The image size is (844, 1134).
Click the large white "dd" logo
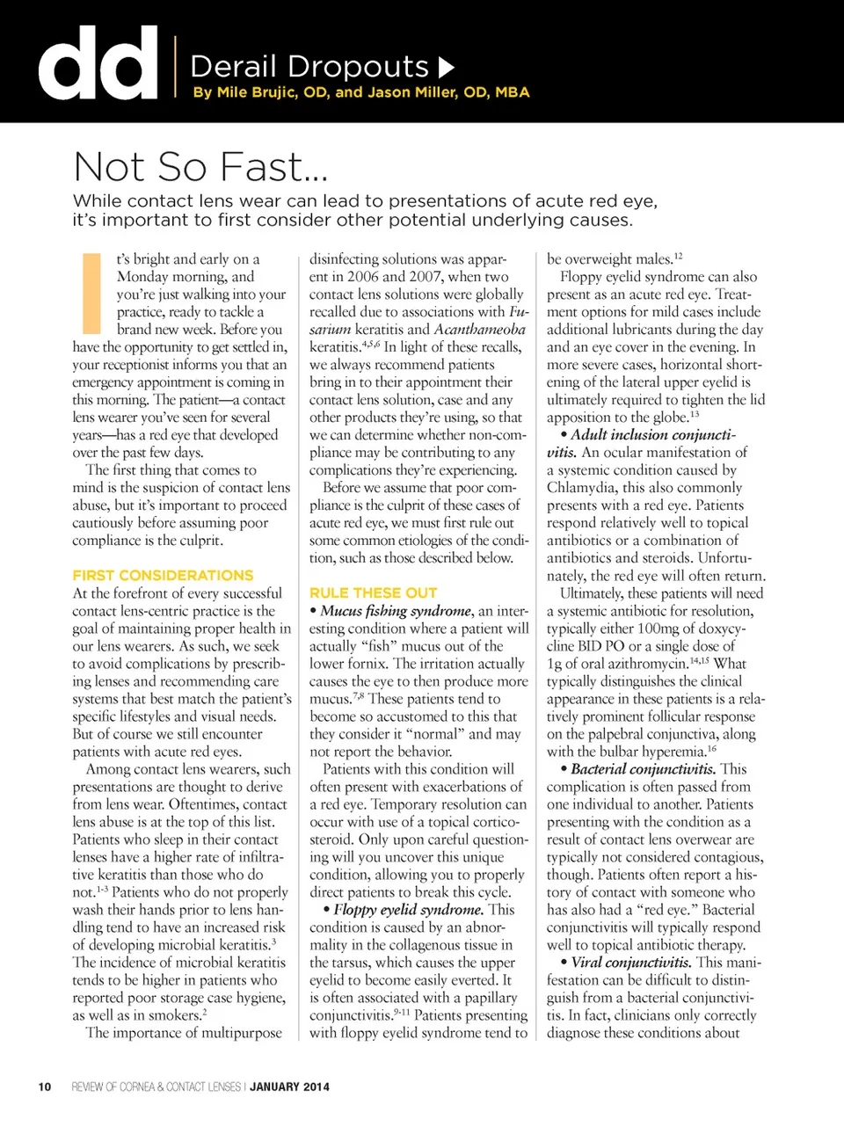[98, 62]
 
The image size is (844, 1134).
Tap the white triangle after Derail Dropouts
[447, 67]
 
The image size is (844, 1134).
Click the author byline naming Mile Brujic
[360, 92]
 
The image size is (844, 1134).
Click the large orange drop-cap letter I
[91, 293]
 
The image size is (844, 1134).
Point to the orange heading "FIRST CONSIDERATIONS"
[163, 575]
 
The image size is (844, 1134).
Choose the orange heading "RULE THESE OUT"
[373, 592]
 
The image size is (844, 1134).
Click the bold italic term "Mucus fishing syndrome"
[396, 610]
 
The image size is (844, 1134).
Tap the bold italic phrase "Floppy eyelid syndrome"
[408, 909]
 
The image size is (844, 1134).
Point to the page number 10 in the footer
[45, 1087]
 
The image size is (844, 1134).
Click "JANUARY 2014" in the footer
[289, 1087]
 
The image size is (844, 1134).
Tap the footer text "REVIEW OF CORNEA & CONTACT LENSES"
[156, 1087]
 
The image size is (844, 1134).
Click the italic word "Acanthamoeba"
[479, 329]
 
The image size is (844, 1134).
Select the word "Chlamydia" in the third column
[584, 487]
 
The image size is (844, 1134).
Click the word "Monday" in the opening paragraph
[147, 276]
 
